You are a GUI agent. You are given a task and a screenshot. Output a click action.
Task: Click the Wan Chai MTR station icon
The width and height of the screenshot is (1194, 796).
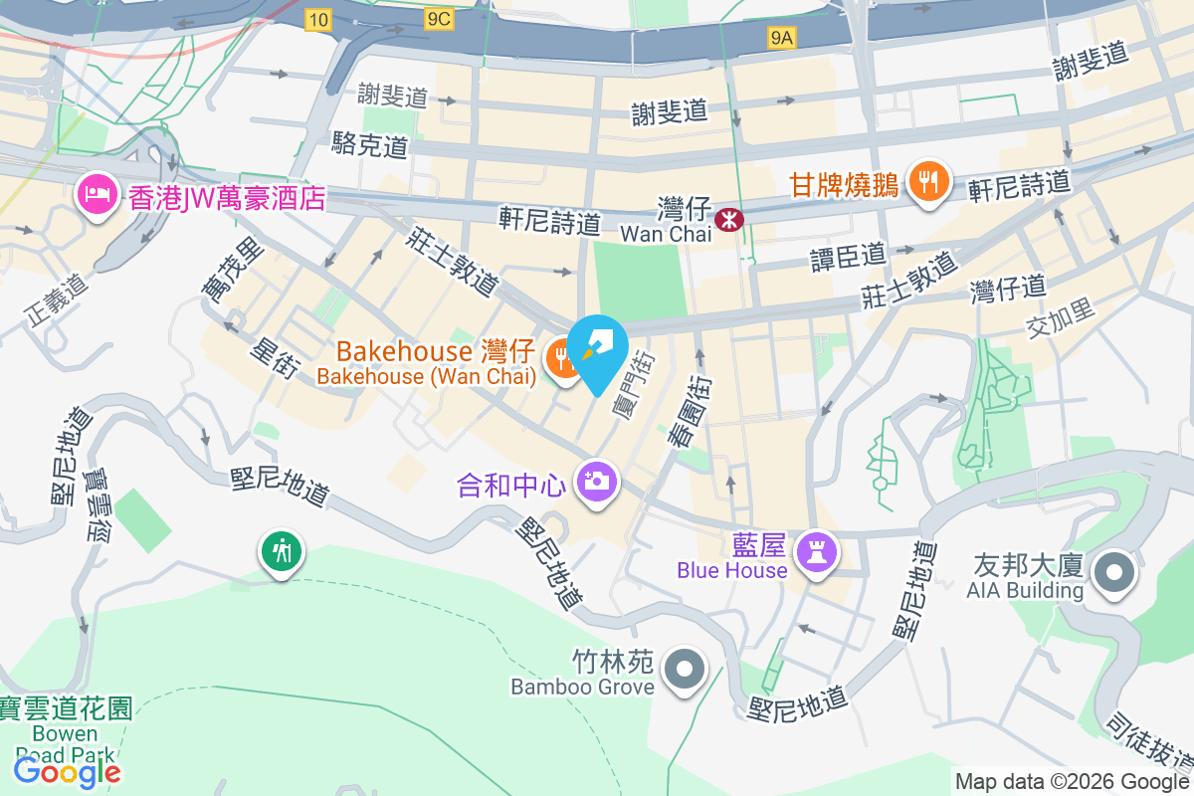pyautogui.click(x=730, y=218)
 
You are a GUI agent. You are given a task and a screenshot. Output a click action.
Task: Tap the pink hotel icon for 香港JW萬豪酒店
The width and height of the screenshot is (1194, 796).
pyautogui.click(x=95, y=190)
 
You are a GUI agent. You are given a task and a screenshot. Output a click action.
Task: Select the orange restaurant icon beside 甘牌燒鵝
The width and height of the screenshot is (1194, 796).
pyautogui.click(x=928, y=181)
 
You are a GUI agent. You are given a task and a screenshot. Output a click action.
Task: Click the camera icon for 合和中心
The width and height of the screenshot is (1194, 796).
pyautogui.click(x=596, y=483)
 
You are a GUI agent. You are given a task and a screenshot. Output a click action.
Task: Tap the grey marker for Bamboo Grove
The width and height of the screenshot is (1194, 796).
pyautogui.click(x=685, y=669)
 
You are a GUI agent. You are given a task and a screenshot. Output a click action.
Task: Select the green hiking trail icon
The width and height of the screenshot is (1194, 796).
pyautogui.click(x=282, y=549)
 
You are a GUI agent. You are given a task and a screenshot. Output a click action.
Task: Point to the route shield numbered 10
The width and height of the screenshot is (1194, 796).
pyautogui.click(x=318, y=19)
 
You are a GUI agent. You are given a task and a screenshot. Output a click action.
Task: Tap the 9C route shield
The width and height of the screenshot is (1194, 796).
pyautogui.click(x=437, y=19)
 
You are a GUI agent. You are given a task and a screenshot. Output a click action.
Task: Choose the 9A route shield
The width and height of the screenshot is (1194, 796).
pyautogui.click(x=782, y=38)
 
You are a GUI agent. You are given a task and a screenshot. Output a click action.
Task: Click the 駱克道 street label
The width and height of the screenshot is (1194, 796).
pyautogui.click(x=370, y=146)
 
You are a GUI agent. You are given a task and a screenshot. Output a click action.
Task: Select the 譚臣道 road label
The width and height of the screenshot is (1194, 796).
pyautogui.click(x=848, y=257)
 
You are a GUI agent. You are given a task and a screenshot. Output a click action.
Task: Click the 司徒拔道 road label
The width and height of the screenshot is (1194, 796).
pyautogui.click(x=1148, y=745)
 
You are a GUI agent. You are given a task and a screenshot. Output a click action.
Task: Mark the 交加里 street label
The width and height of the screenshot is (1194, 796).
pyautogui.click(x=1061, y=317)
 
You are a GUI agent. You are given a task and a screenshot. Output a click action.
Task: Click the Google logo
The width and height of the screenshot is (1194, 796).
pyautogui.click(x=67, y=771)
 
